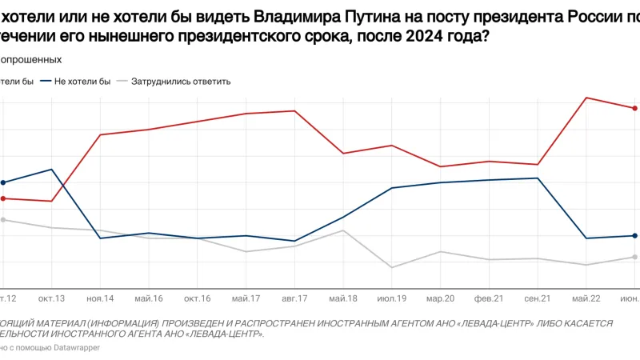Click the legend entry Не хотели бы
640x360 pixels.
coord(82,82)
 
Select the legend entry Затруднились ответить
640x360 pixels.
coord(181,82)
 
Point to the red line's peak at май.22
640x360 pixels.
coord(586,98)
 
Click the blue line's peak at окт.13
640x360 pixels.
coord(52,170)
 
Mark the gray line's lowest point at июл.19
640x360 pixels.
coord(391,267)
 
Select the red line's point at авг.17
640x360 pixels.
coord(294,111)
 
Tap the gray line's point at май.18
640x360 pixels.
coord(343,230)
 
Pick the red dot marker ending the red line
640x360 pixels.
coord(634,108)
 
